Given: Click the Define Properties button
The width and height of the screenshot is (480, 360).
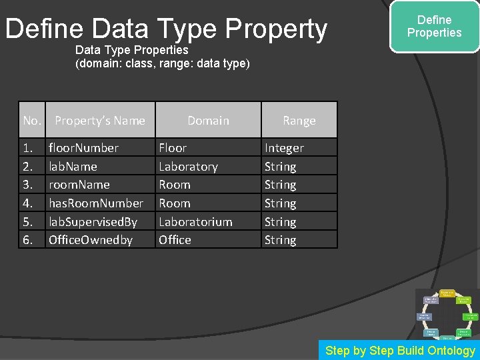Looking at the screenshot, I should coord(434,27).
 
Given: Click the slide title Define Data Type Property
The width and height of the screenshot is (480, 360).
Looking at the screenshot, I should coord(166,29).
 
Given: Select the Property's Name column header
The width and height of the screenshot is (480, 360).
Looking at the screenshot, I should coord(100,121).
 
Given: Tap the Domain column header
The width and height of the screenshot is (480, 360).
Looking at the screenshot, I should coord(208,121).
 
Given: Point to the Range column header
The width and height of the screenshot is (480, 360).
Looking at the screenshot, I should coord(299,121).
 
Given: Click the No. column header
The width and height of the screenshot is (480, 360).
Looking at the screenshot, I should coord(32,121).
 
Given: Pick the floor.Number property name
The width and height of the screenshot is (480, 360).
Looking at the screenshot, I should coord(83,148).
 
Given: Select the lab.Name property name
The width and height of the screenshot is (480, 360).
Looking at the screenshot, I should coord(73,167).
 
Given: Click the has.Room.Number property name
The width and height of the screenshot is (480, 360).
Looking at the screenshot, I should coord(96,203).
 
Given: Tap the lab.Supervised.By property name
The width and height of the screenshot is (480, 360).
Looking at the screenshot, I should coord(93,221).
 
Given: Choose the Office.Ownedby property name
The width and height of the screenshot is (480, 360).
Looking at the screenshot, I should coord(91,240).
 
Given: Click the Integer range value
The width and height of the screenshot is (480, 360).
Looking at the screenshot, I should coord(284,148).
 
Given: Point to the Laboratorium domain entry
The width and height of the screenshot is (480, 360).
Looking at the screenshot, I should coord(195,221).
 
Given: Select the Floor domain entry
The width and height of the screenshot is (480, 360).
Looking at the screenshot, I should coord(173,148).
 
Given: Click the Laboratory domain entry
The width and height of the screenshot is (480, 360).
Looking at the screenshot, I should coord(188,167).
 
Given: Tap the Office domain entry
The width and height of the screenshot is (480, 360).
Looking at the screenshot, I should coord(175,240).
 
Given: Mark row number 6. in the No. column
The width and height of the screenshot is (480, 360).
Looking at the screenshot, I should coord(28,240).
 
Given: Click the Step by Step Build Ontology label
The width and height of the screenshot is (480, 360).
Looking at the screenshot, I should coord(400,351).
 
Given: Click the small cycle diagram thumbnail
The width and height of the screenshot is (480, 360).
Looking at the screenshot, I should coord(447,314).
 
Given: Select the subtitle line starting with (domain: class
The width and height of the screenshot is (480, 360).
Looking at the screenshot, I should coord(163,63).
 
